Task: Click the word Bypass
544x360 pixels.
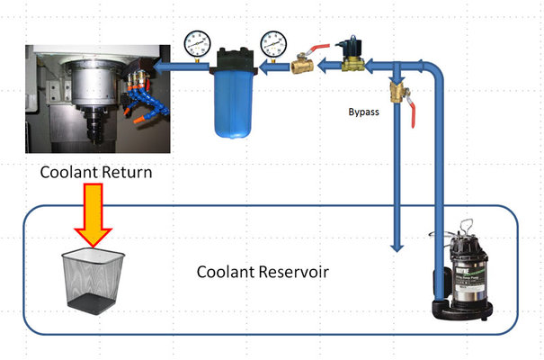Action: tap(364, 113)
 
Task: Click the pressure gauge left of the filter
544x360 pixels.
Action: tap(198, 42)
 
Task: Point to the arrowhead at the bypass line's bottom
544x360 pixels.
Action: tap(395, 242)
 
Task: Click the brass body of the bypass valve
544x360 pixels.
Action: tap(396, 94)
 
